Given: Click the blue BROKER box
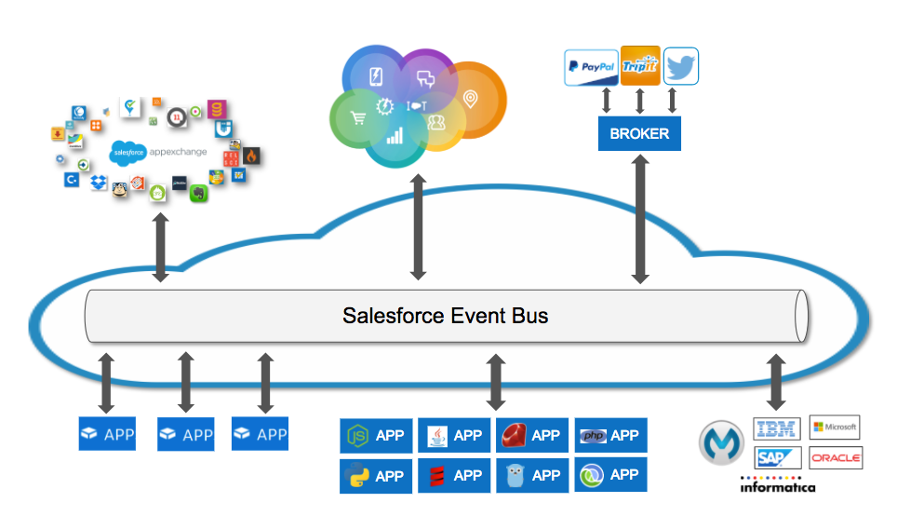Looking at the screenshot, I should pos(639,133).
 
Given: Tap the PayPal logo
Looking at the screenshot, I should pos(592,67).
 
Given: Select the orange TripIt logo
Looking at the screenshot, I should pos(640,66).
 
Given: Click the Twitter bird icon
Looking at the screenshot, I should pos(681,66).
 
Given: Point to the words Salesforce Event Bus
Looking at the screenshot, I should pos(445,316).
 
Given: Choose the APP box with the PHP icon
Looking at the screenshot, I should pos(610,435).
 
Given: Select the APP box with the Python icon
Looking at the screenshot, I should pos(376,475).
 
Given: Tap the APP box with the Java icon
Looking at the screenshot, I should pos(454,435).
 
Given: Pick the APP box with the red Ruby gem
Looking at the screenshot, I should pos(532,435).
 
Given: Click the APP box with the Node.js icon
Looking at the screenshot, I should pos(376,435).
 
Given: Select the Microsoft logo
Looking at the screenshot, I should pos(835,428).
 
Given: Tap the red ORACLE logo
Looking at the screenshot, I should pos(836,458).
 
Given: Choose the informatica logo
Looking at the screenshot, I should pos(778,485).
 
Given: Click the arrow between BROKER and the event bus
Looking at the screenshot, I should pos(639,220).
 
